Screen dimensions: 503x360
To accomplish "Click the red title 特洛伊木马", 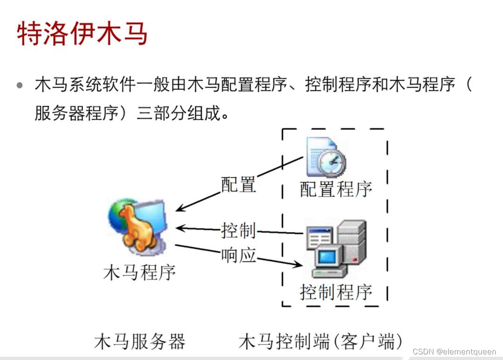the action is click(x=82, y=33).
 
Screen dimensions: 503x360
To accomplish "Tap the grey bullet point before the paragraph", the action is click(x=20, y=86).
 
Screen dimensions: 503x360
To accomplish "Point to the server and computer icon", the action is click(x=336, y=249).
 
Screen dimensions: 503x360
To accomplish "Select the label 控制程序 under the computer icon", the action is click(x=336, y=292).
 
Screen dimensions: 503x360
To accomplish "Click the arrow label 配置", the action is click(x=238, y=185).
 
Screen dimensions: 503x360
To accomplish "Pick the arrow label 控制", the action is click(x=238, y=230).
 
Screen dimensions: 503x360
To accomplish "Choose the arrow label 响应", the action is click(x=238, y=255).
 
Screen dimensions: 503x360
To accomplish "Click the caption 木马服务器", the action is click(x=140, y=341).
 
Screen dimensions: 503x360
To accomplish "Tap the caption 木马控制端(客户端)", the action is click(x=321, y=341).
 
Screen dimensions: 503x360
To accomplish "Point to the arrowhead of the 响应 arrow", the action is click(x=298, y=265).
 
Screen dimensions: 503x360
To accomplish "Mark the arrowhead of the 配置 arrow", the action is click(x=180, y=209).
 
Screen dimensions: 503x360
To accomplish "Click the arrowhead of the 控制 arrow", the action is click(x=180, y=228).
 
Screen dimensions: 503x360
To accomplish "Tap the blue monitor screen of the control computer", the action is click(x=327, y=257).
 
